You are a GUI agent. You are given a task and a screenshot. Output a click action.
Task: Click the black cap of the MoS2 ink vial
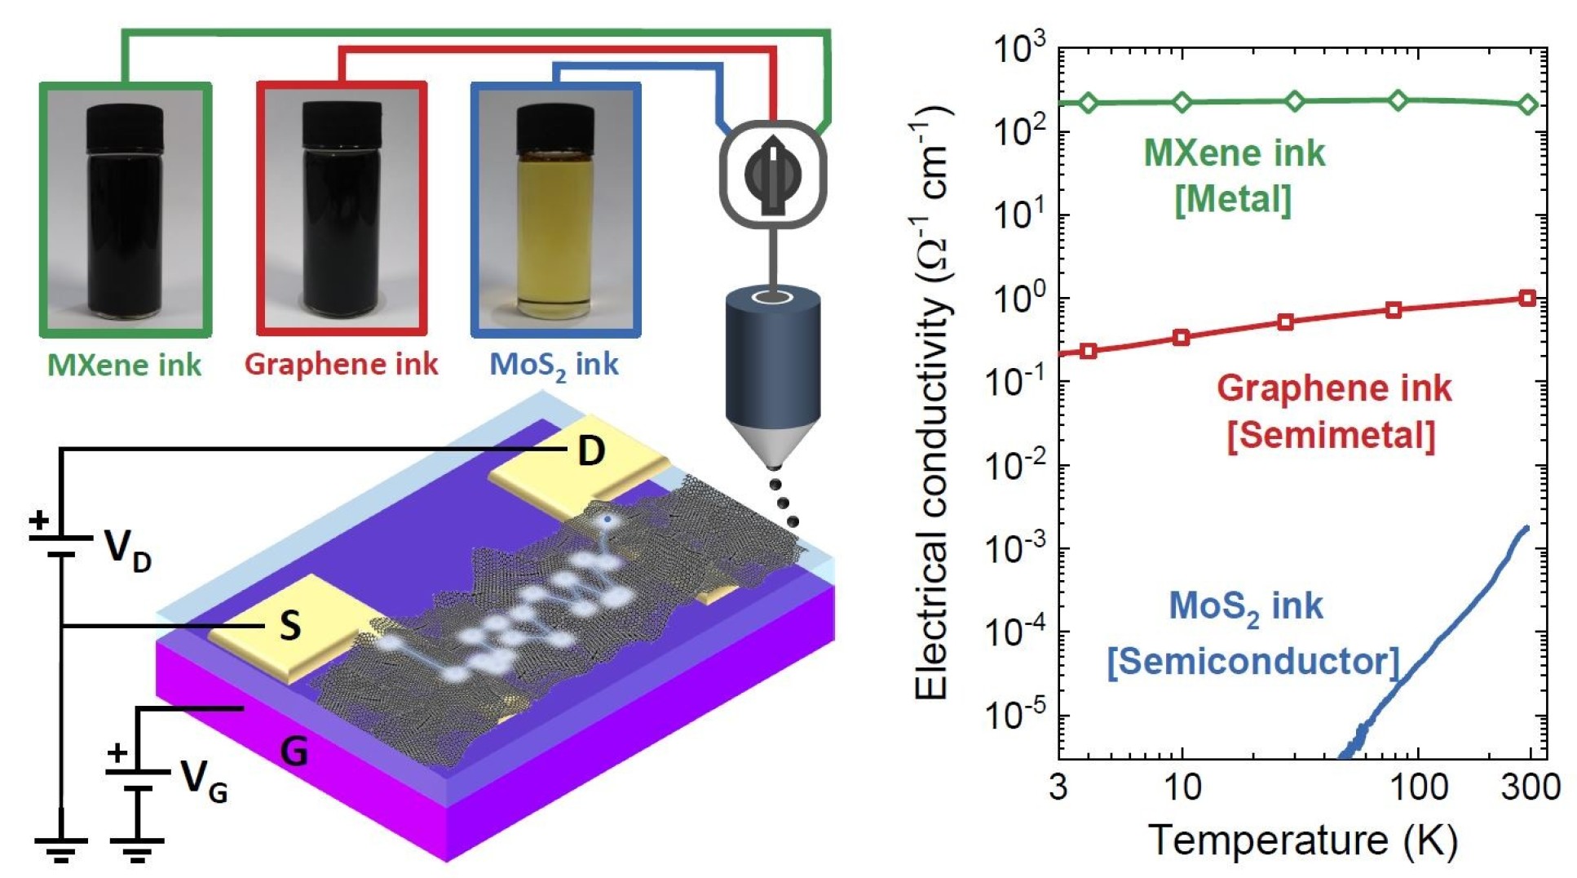[555, 127]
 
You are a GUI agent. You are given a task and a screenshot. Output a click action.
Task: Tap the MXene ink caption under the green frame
[124, 365]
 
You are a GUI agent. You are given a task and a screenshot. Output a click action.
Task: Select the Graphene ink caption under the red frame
[341, 364]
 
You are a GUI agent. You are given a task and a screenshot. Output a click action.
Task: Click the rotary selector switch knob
[772, 175]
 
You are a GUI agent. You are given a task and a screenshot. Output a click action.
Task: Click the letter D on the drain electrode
[591, 450]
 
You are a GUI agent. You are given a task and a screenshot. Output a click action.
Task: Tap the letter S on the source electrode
[289, 626]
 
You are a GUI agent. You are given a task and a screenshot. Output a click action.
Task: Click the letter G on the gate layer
[294, 751]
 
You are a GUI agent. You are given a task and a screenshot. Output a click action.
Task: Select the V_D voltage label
[127, 550]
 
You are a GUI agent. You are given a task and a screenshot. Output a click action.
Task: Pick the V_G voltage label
[203, 780]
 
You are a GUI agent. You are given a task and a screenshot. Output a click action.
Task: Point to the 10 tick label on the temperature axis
[1182, 787]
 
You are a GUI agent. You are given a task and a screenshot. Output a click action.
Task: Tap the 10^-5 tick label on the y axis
[1014, 716]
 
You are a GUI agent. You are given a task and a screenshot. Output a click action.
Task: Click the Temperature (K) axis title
[1302, 840]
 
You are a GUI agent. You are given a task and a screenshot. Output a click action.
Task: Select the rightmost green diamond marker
[1528, 104]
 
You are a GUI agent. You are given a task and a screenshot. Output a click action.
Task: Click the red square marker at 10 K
[1182, 337]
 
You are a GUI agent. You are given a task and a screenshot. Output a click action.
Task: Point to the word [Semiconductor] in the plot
[1252, 661]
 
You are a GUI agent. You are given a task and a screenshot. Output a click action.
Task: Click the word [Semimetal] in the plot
[1331, 434]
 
